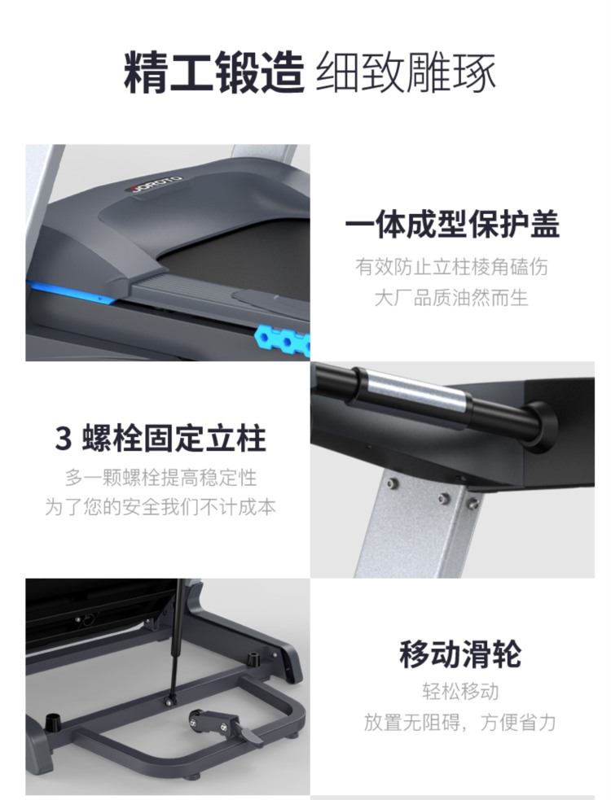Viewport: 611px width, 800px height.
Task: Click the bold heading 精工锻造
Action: (213, 72)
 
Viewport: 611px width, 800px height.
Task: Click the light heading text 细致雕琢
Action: (406, 72)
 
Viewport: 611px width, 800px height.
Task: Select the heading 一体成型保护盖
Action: (452, 224)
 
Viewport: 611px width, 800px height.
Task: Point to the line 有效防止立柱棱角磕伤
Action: (451, 266)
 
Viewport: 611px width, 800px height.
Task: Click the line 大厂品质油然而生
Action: (451, 297)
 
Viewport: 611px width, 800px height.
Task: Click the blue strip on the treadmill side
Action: (71, 292)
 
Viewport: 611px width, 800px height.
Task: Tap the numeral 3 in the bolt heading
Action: (63, 439)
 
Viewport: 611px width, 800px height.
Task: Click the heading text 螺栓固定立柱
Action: (174, 439)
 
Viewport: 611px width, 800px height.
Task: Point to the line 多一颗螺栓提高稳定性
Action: (161, 478)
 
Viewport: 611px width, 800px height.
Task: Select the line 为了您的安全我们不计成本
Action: (161, 507)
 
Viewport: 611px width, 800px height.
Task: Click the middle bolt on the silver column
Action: (444, 497)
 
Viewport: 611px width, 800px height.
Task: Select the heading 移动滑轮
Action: (460, 654)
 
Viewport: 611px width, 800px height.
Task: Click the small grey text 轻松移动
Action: (460, 692)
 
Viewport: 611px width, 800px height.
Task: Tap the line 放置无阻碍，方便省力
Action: (460, 723)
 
